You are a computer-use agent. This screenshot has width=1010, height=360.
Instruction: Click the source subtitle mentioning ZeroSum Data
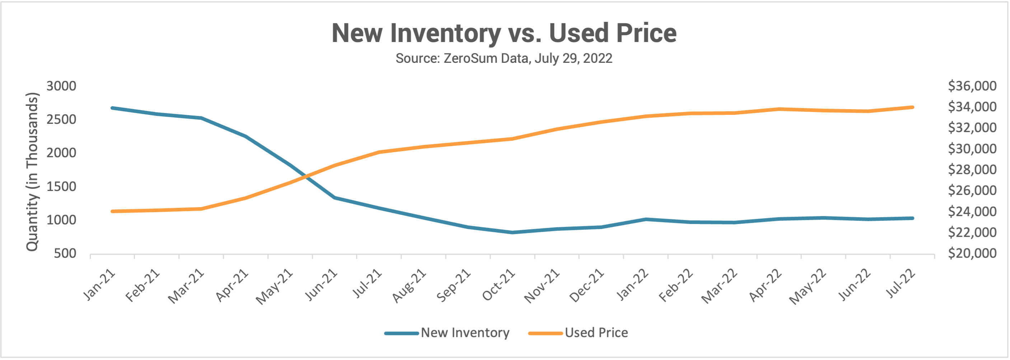pos(504,59)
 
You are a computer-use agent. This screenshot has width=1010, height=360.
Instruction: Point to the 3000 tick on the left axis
pos(62,86)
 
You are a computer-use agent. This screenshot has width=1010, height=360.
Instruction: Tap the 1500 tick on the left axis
pos(62,186)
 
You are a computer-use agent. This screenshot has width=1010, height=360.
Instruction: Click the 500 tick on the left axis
pos(65,253)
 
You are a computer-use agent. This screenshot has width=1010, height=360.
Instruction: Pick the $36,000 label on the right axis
pos(972,86)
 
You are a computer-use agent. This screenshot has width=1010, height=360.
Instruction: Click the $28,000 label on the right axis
pos(972,169)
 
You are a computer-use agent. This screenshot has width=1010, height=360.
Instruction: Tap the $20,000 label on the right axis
pos(972,253)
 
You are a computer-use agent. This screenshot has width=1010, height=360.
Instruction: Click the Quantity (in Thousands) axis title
pos(32,172)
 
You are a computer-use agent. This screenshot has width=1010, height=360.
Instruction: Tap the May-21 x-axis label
pos(275,286)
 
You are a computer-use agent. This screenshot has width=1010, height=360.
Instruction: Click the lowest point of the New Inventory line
pos(513,233)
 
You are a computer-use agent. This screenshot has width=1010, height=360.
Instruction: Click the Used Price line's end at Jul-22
pos(913,107)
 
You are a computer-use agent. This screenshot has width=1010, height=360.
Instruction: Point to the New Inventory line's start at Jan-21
pos(113,108)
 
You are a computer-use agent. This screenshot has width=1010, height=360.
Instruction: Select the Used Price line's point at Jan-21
pos(113,211)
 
